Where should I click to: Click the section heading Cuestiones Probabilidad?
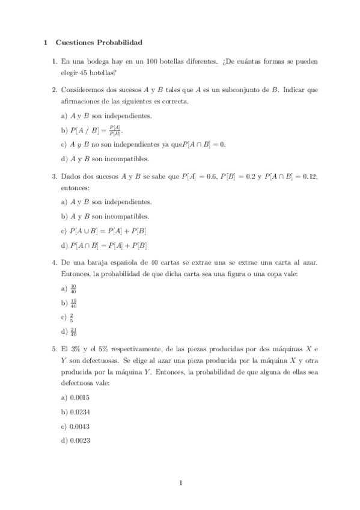coord(99,43)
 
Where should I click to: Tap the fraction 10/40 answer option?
coord(73,288)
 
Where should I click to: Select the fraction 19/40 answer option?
coord(73,303)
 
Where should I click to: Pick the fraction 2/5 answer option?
coord(72,317)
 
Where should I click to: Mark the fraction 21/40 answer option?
coord(73,331)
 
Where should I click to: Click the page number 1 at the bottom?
coord(180,483)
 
